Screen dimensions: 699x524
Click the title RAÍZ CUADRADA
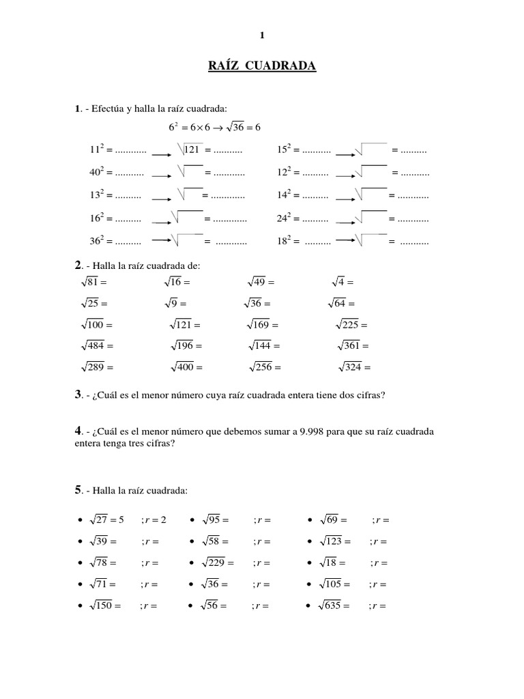(262, 66)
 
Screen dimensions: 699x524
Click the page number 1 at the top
(262, 35)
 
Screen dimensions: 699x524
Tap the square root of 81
(91, 281)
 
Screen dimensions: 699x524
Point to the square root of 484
(93, 346)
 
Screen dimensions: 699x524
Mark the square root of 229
(214, 562)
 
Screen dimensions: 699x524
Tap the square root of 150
(101, 605)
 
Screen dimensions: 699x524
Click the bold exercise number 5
(78, 490)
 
